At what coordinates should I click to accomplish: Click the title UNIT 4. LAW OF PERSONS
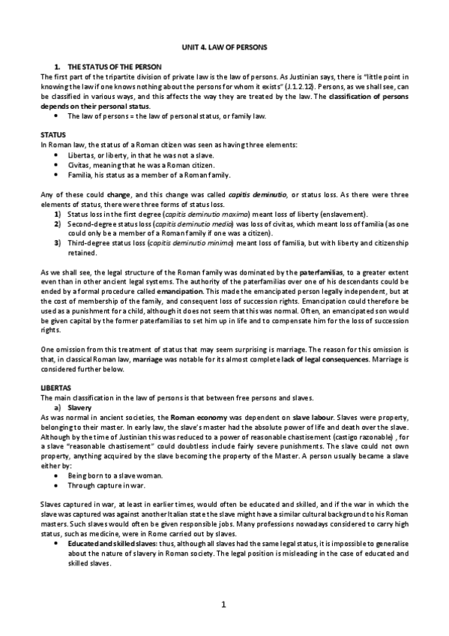point(224,47)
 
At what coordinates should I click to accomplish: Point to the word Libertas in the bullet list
point(79,154)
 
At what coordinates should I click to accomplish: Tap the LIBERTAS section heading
point(54,386)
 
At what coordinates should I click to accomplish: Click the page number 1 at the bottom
point(224,604)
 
